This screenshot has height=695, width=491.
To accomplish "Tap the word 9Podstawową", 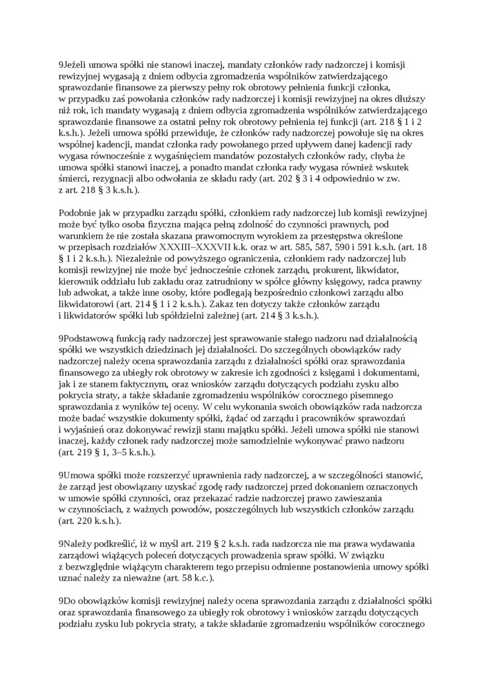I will coord(87,337).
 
